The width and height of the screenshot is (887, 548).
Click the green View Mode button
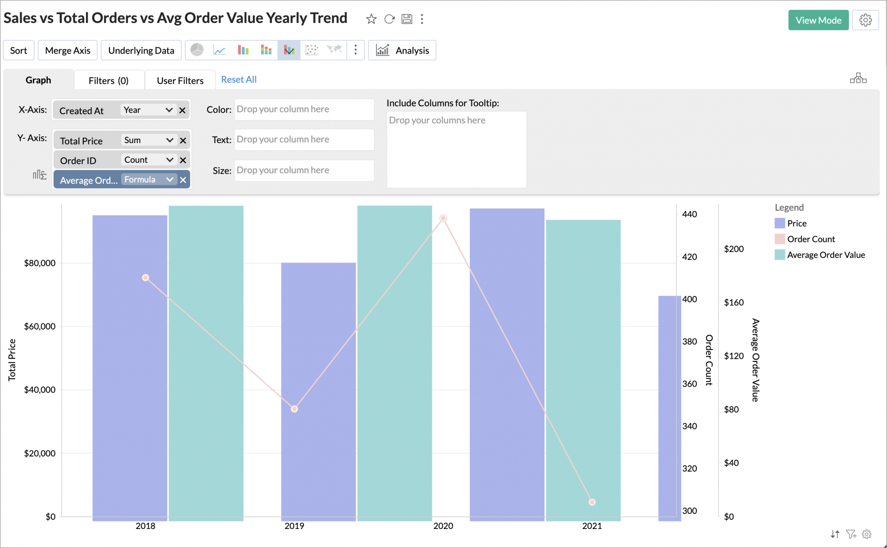point(818,20)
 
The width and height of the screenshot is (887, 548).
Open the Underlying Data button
point(141,51)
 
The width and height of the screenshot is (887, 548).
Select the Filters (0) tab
point(109,81)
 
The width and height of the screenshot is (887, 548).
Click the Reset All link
point(239,80)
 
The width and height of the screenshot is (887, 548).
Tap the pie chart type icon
point(197,50)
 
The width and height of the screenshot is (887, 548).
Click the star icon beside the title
point(371,19)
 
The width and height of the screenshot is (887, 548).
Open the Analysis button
point(402,51)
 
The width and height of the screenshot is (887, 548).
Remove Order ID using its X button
point(183,160)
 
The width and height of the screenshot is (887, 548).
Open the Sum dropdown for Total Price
point(149,140)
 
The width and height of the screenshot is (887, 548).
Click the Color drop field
point(304,109)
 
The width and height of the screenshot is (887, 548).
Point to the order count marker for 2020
point(443,218)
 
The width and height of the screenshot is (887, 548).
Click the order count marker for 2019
point(294,409)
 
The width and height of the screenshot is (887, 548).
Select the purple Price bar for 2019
point(318,392)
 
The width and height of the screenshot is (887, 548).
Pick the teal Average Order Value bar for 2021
point(583,370)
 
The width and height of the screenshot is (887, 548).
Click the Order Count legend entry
point(805,239)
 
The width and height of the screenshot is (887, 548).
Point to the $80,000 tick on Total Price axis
point(40,263)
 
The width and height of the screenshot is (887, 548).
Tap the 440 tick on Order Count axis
point(690,214)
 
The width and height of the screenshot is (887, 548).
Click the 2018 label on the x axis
point(145,526)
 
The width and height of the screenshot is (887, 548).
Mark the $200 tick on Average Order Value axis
point(734,249)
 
